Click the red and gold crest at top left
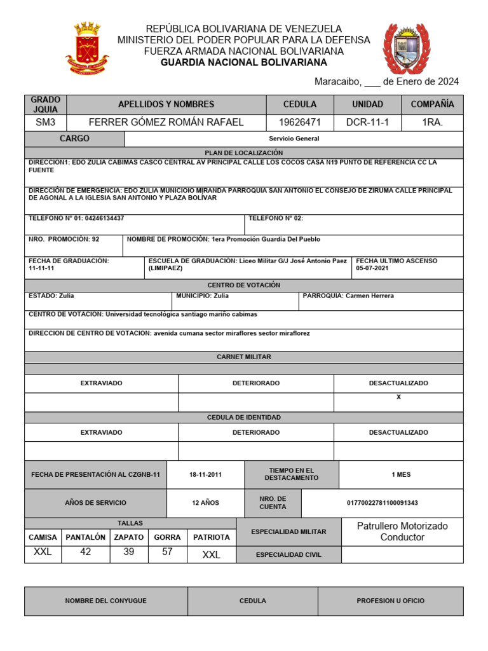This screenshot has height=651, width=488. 87,48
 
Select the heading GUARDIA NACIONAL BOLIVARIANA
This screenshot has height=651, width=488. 243,62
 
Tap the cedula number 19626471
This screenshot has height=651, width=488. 300,122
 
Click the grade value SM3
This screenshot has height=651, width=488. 45,122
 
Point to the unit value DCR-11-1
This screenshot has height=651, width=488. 367,122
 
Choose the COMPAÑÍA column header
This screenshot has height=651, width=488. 432,104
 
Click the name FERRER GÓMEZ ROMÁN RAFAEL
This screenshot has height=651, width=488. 166,122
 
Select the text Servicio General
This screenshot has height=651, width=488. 294,139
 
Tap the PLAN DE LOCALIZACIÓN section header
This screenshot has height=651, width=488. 243,153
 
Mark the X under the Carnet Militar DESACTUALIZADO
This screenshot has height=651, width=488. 398,397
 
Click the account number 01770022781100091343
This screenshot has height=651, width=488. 382,503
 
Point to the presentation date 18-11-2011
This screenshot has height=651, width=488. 205,475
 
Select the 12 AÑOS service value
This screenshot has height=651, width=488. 205,503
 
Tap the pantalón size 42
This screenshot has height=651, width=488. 85,552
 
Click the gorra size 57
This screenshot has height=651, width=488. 167,552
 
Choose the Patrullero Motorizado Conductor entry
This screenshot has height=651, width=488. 402,531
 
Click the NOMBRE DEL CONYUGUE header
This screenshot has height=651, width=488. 105,601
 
